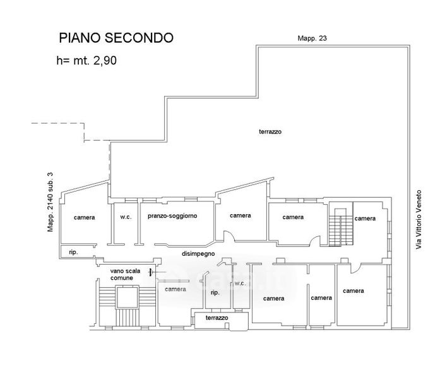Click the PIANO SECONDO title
click(116, 38)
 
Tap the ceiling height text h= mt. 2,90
click(86, 60)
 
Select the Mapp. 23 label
click(312, 38)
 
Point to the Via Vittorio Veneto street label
click(419, 219)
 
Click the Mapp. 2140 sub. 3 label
click(50, 202)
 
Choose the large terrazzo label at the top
click(270, 132)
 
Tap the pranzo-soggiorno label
click(172, 216)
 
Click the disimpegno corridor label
click(198, 254)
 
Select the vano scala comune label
click(125, 275)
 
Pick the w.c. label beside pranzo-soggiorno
click(126, 217)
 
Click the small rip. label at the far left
click(73, 252)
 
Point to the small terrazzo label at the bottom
click(217, 318)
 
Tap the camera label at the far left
click(84, 217)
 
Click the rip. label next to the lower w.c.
click(215, 293)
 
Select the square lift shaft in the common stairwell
click(127, 297)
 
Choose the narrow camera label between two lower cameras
click(321, 298)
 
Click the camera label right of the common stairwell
click(175, 289)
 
